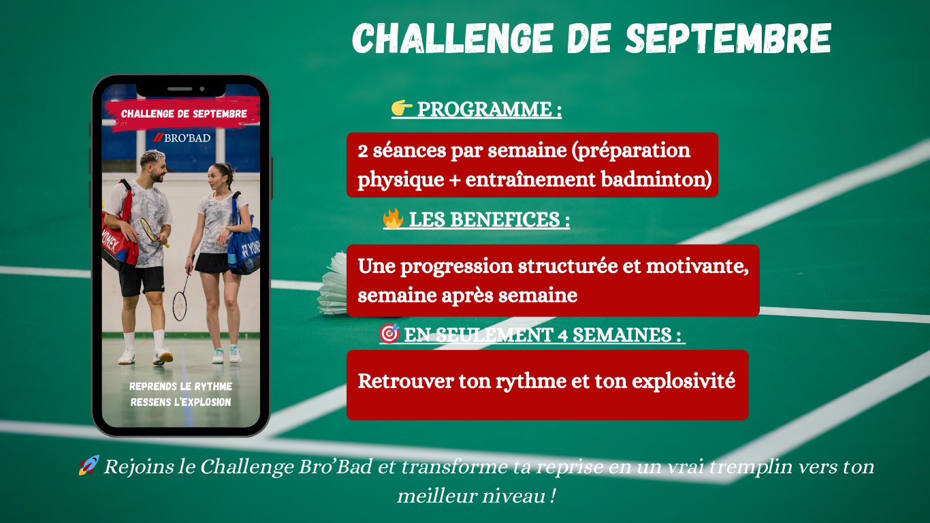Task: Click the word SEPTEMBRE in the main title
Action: (728, 38)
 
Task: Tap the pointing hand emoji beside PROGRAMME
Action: (402, 108)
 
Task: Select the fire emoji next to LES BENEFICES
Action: (394, 218)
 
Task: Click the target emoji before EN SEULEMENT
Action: (389, 333)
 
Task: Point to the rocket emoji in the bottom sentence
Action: (89, 465)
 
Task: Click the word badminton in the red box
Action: (656, 180)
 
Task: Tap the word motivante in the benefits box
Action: (697, 266)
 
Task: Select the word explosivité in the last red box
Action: (684, 381)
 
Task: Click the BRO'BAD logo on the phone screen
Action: (181, 138)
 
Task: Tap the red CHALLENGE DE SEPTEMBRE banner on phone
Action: (182, 114)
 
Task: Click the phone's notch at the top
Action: (181, 89)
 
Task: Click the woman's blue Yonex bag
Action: (244, 245)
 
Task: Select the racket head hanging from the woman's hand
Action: (180, 306)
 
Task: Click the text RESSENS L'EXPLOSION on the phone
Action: (180, 402)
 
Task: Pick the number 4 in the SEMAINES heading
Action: (562, 335)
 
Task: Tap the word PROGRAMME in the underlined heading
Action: (484, 109)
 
